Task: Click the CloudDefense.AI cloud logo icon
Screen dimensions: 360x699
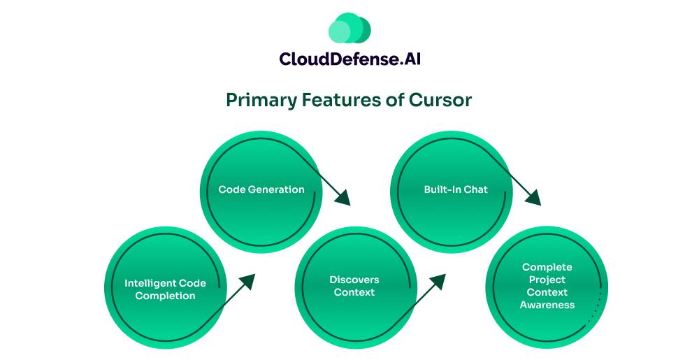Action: point(349,29)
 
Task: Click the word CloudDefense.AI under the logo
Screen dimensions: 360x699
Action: point(349,59)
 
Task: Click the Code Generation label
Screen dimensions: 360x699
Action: point(261,189)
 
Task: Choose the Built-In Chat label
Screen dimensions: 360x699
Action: point(456,189)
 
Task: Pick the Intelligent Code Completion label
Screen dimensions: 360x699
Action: point(165,289)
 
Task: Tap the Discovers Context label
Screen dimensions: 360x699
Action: point(354,286)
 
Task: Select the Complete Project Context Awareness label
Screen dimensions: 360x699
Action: point(547,286)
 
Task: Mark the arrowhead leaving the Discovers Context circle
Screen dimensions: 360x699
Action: point(438,280)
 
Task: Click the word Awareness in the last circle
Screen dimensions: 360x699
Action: point(547,305)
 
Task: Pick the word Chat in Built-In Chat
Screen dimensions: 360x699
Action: point(475,189)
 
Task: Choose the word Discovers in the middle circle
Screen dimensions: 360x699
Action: point(354,280)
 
